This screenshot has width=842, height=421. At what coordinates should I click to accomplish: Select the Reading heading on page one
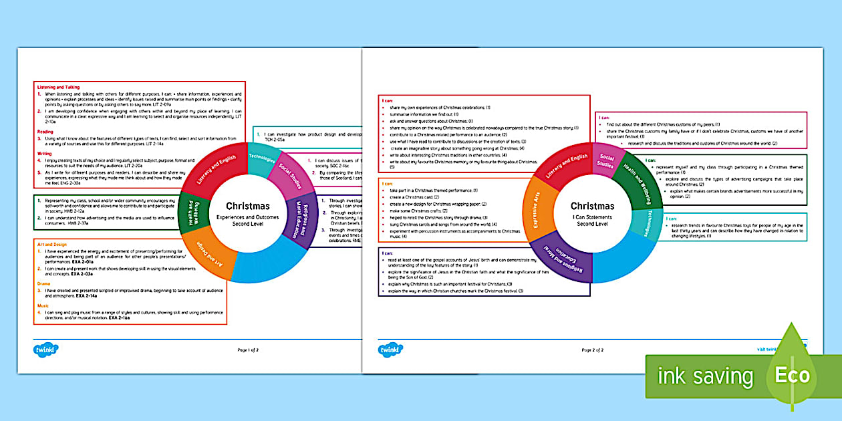coord(45,132)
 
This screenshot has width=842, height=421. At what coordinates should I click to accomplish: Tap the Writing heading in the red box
coord(44,154)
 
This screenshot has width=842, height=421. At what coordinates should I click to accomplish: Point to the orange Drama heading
coord(43,284)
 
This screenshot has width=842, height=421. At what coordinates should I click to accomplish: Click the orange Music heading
coord(43,305)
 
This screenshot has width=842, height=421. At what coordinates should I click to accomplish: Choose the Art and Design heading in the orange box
coord(52,245)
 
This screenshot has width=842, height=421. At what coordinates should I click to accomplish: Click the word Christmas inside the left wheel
coord(248,206)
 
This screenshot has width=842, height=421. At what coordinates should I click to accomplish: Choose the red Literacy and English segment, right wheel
coord(566,168)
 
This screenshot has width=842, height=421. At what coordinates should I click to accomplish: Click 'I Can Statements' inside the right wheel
coord(593,217)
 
